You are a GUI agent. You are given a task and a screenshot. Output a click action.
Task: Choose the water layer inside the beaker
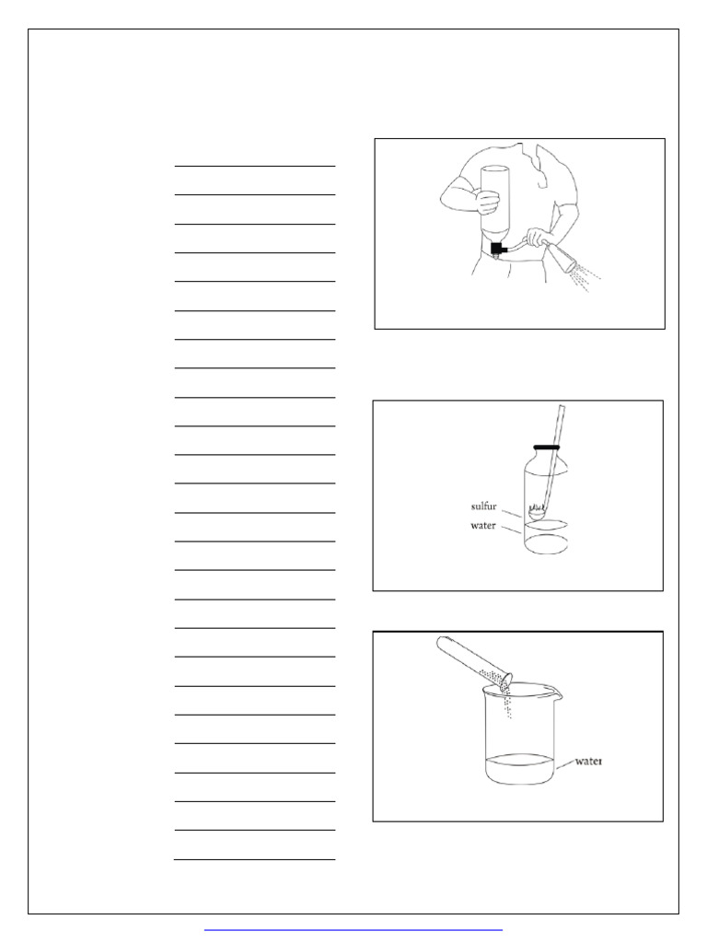tap(520, 769)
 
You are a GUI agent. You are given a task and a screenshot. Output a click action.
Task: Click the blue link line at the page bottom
tap(353, 931)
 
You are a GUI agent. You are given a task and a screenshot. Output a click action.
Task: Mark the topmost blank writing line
tap(254, 167)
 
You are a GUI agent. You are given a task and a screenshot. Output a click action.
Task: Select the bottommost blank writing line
tap(254, 860)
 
